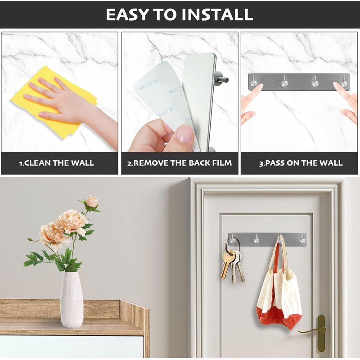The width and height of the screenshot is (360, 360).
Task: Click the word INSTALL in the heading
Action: [x=217, y=14]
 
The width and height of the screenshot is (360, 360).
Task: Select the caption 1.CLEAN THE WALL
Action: [x=56, y=163]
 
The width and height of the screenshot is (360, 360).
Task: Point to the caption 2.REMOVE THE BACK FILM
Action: [x=180, y=163]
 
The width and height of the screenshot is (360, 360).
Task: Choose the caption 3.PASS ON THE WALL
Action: [x=301, y=163]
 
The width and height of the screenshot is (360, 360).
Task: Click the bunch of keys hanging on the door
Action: [x=232, y=265]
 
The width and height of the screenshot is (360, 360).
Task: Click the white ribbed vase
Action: [x=72, y=299]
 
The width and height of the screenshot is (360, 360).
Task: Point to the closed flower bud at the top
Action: [x=92, y=202]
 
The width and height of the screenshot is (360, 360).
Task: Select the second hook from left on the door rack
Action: [x=256, y=239]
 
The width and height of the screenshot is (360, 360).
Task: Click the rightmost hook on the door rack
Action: [x=302, y=239]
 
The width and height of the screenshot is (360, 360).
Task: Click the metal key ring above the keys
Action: [x=233, y=245]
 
